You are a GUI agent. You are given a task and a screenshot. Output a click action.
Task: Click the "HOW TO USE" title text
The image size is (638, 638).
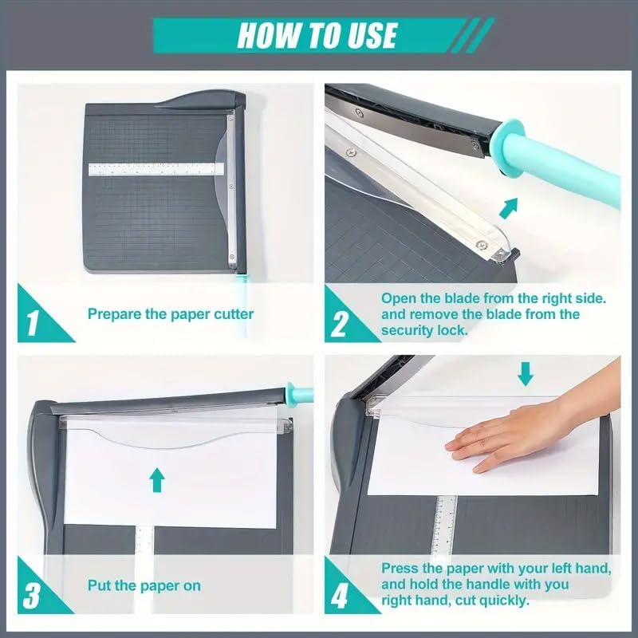coord(317,36)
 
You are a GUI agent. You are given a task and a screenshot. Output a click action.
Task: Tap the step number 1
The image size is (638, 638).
coord(33,323)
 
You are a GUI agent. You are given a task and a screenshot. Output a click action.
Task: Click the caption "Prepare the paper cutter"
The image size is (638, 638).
coord(171,314)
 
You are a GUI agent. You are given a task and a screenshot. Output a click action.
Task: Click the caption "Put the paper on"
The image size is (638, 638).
coord(144,586)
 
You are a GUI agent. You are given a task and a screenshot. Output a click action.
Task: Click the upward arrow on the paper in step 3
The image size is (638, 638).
coord(157,478)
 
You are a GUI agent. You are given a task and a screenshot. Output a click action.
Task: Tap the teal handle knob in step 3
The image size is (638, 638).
coord(301,392)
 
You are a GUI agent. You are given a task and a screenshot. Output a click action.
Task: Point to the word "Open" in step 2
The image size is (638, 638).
coord(400,297)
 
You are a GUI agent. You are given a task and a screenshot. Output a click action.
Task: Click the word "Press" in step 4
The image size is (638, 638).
coord(401,569)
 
